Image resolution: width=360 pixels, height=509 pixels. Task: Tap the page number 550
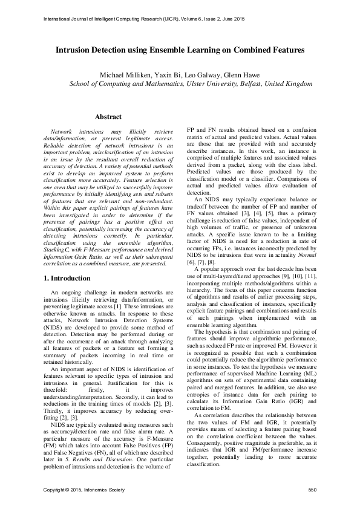pos(312,489)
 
